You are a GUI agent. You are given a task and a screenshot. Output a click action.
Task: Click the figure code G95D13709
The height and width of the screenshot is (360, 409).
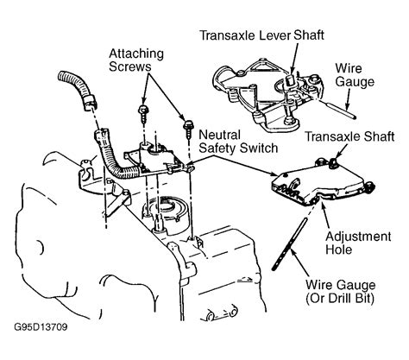(41, 327)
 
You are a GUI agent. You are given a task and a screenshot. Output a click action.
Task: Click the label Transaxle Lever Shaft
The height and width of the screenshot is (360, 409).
(261, 35)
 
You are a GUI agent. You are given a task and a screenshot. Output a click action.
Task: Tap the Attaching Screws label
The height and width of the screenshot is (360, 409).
(136, 60)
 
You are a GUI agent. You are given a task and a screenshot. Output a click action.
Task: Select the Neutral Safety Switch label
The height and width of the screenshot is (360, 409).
(238, 142)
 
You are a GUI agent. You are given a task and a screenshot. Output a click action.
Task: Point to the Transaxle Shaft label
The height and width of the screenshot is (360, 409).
(349, 136)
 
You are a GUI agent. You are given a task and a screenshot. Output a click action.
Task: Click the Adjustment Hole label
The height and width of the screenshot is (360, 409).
(358, 243)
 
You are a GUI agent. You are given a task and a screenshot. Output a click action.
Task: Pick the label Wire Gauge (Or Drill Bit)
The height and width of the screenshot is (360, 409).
(340, 292)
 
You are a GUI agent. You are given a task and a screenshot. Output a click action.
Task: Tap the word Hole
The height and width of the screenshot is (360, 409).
(339, 249)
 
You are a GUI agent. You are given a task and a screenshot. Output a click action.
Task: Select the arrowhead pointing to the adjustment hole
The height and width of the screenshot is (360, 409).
(324, 205)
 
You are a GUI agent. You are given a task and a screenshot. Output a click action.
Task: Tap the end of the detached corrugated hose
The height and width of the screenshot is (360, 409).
(90, 104)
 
